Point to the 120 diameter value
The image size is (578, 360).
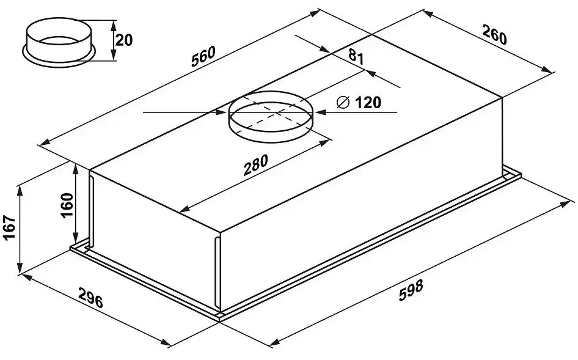(367, 103)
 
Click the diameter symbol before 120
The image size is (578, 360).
(343, 103)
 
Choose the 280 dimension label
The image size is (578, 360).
(255, 165)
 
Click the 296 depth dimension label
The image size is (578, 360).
(90, 299)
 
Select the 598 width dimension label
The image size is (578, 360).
(410, 290)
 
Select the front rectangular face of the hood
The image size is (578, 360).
(360, 208)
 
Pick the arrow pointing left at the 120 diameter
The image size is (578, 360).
(321, 112)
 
